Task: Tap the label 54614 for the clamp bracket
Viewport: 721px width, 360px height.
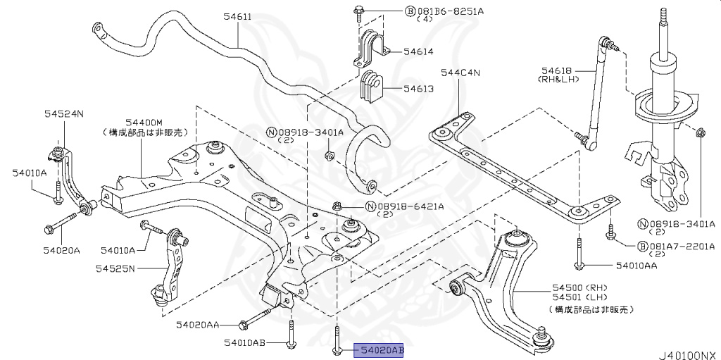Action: tap(418, 51)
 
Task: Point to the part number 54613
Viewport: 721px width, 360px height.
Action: tap(418, 89)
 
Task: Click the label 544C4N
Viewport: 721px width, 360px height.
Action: tap(460, 72)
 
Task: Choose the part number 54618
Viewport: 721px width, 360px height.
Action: tap(556, 70)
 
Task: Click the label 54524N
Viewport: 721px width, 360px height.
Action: tap(63, 113)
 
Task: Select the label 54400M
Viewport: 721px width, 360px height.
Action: tap(144, 122)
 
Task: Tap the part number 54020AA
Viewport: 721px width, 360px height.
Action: tap(198, 325)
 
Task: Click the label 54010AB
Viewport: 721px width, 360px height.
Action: tap(245, 343)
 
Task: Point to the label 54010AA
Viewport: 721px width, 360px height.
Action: tap(636, 266)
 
